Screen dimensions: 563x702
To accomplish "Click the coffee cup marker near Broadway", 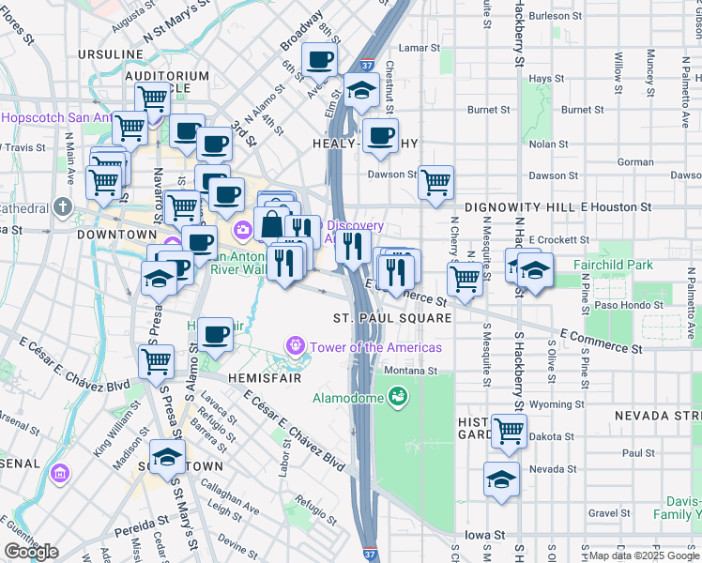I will click(320, 62).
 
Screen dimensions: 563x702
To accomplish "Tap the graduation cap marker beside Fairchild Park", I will click(534, 271).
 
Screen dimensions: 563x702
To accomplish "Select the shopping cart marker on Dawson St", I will click(435, 182).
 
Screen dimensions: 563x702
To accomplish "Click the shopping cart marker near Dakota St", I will click(509, 431).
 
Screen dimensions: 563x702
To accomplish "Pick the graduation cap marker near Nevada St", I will click(502, 479).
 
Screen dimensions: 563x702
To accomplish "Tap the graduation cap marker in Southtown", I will click(167, 457).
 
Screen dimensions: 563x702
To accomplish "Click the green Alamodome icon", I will click(399, 398).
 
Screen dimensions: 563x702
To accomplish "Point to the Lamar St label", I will click(419, 47).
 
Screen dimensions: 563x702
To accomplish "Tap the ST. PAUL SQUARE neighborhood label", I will click(392, 318).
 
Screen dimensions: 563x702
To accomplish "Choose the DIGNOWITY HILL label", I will click(519, 206).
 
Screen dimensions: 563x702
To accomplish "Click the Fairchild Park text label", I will click(614, 266).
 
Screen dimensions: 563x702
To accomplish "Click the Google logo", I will click(32, 551).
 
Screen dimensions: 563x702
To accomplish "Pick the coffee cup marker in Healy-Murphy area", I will click(380, 136).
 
